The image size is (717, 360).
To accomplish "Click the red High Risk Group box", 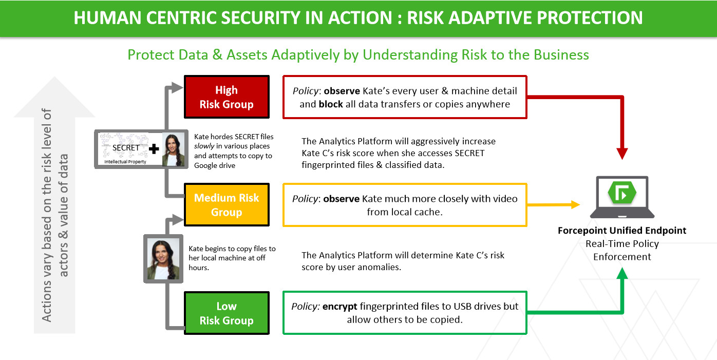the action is point(227,97).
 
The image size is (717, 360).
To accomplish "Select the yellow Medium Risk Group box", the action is point(227,205).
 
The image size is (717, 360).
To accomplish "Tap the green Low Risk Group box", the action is point(227,313).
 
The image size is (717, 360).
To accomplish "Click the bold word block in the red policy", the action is point(331,104).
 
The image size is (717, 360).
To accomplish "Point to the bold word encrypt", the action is point(339,307).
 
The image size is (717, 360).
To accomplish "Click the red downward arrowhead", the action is point(622,154).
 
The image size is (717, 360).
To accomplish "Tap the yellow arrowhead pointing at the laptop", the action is point(576,204).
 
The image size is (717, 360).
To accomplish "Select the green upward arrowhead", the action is point(622,273).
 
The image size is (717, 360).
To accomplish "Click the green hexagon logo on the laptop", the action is point(621,193).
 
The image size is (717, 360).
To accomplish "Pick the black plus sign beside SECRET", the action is point(154,148).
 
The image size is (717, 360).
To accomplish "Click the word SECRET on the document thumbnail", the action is point(126,147).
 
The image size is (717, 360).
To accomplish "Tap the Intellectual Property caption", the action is point(125,162).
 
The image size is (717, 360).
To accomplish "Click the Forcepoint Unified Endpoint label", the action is point(622,231).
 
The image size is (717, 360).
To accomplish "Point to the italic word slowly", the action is point(204,146).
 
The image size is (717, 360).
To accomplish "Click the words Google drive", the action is point(215,165).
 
